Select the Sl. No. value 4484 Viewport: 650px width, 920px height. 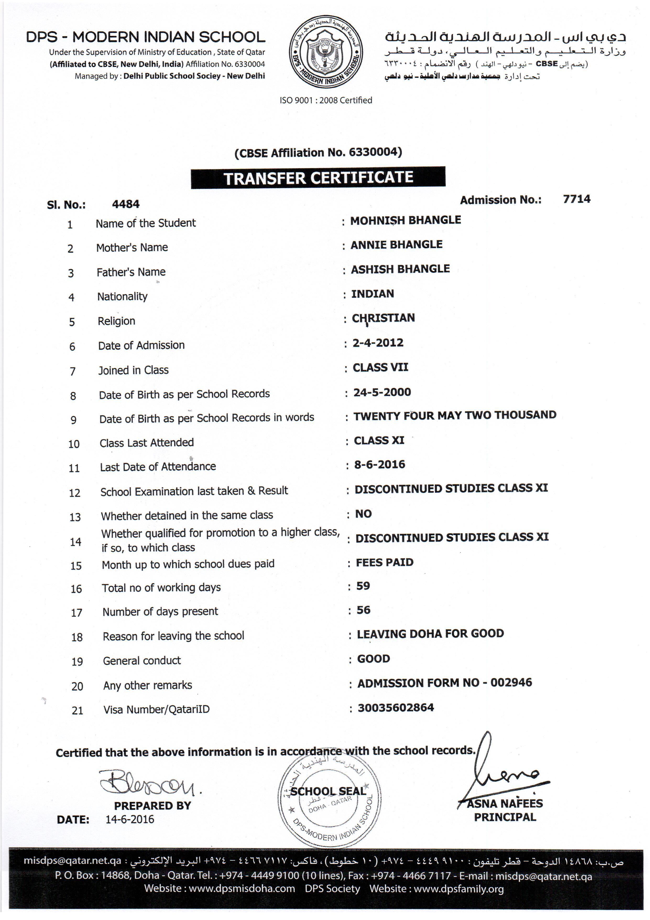pos(126,204)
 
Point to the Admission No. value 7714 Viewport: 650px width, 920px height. pos(576,199)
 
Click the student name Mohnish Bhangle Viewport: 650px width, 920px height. pos(406,220)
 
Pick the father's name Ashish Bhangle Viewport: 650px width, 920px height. pos(400,269)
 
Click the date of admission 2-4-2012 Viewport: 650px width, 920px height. pos(378,343)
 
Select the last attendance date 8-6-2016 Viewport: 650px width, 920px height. pos(379,465)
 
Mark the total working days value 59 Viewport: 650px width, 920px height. pos(363,586)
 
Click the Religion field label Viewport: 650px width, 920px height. pos(117,321)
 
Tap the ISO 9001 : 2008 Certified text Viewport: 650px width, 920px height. pos(326,100)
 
